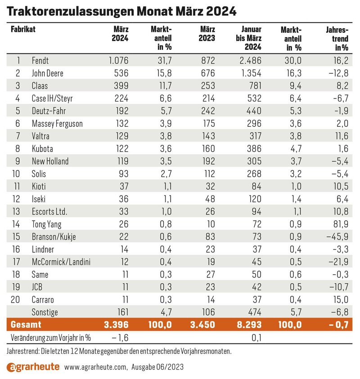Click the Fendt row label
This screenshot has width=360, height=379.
(x=40, y=60)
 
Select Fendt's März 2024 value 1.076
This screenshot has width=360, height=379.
(x=118, y=60)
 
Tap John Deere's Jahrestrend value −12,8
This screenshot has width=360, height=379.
(x=338, y=73)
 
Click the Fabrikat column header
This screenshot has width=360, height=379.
(x=23, y=29)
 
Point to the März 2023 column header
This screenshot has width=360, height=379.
(x=207, y=34)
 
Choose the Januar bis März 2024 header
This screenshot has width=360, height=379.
(x=249, y=38)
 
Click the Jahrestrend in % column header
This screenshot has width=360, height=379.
(x=337, y=38)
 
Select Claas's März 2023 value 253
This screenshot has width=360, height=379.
(x=208, y=85)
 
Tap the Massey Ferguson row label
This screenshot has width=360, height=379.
(x=57, y=124)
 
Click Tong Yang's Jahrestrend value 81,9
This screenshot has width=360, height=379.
(x=341, y=224)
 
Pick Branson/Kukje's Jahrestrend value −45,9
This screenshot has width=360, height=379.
(x=337, y=236)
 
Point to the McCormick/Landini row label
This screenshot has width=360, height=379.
(x=61, y=262)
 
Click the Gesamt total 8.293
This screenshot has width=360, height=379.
(x=249, y=324)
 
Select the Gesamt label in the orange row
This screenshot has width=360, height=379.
(x=26, y=324)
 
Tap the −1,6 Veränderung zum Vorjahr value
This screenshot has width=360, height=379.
(x=120, y=338)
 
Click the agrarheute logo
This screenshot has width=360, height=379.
(x=33, y=367)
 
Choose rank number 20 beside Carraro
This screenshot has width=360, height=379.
(x=15, y=299)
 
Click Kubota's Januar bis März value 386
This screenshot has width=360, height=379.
(x=254, y=149)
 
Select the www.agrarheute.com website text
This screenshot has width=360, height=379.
(x=96, y=367)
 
